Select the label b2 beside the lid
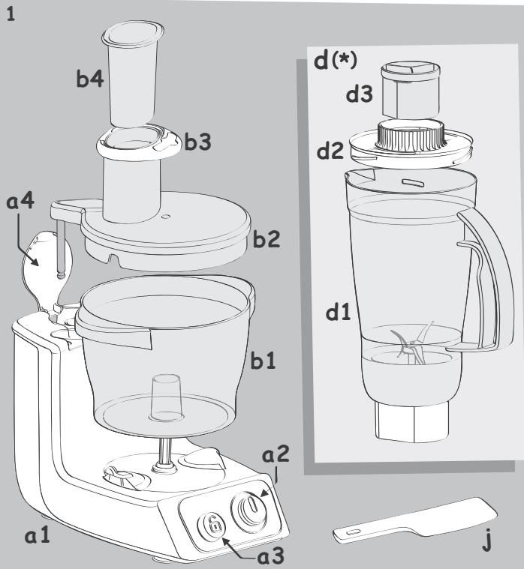tap(268, 241)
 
